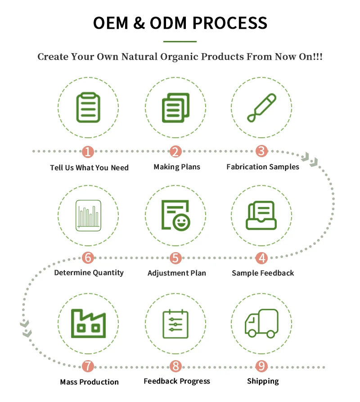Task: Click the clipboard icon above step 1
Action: [x=88, y=108]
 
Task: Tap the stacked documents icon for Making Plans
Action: [x=175, y=108]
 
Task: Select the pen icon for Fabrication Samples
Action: [x=261, y=108]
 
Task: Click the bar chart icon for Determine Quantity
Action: [x=88, y=215]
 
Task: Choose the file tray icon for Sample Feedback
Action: [x=261, y=215]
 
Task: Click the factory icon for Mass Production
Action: [x=88, y=323]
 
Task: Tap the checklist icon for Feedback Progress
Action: [x=175, y=323]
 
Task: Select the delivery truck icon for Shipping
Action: [x=261, y=323]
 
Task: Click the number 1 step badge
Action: [x=88, y=152]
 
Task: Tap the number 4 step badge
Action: [x=261, y=258]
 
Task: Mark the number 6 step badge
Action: [x=88, y=258]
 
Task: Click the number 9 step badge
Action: [x=261, y=366]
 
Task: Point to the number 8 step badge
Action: [x=175, y=366]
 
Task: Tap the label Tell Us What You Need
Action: [x=89, y=167]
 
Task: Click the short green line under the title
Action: [x=180, y=41]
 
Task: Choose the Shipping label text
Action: [x=263, y=381]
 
